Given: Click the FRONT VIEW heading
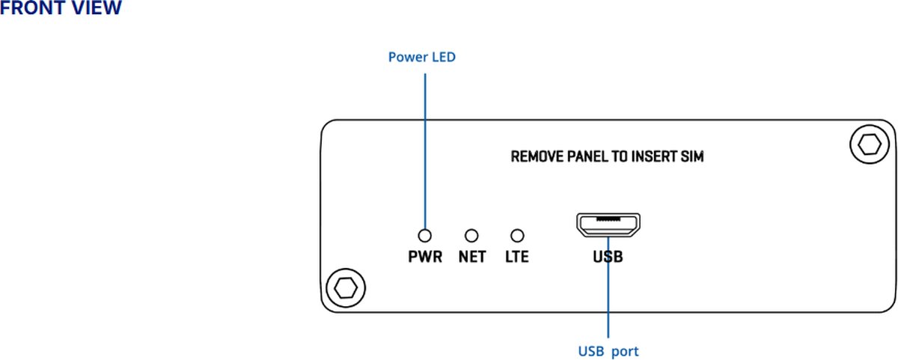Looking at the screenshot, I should tap(60, 8).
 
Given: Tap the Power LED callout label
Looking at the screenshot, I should tap(421, 57).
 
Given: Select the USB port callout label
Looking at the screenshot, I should tap(608, 350).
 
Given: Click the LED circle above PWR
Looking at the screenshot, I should tap(425, 236).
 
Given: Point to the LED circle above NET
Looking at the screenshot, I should tap(471, 236).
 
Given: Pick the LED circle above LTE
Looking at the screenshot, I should tap(516, 236).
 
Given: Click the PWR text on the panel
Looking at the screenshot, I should tap(425, 257).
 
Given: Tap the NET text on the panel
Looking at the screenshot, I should tap(471, 257).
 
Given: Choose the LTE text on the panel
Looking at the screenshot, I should tap(516, 257).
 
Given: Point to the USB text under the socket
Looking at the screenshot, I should tap(608, 257).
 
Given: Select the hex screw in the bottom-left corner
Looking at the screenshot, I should tap(346, 287).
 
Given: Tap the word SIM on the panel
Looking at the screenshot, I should tap(691, 157).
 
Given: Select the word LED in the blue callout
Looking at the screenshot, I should tap(442, 57).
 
